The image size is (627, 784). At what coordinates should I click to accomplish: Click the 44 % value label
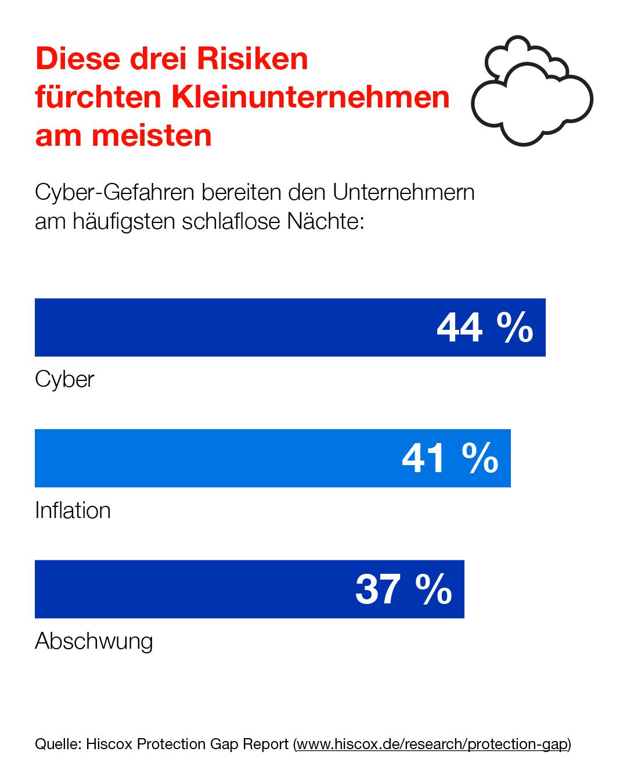click(x=485, y=328)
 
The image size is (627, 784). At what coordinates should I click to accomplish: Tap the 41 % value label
click(x=450, y=458)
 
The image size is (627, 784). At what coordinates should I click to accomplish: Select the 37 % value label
click(x=403, y=589)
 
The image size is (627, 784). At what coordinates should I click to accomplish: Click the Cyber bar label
click(x=64, y=379)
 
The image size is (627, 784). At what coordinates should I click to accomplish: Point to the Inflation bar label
click(x=73, y=510)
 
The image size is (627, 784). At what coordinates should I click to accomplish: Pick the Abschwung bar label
click(x=94, y=641)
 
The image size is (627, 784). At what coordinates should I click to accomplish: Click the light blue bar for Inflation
click(x=215, y=458)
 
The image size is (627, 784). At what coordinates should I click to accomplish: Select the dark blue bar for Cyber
click(x=232, y=328)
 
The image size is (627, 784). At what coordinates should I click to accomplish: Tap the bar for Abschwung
click(x=192, y=589)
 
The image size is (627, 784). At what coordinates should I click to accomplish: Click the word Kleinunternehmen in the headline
click(x=310, y=97)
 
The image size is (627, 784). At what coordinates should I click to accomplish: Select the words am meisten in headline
click(x=123, y=135)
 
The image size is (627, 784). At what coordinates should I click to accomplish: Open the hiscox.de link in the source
click(x=433, y=744)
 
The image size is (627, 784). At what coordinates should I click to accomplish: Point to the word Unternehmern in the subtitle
click(x=403, y=192)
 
